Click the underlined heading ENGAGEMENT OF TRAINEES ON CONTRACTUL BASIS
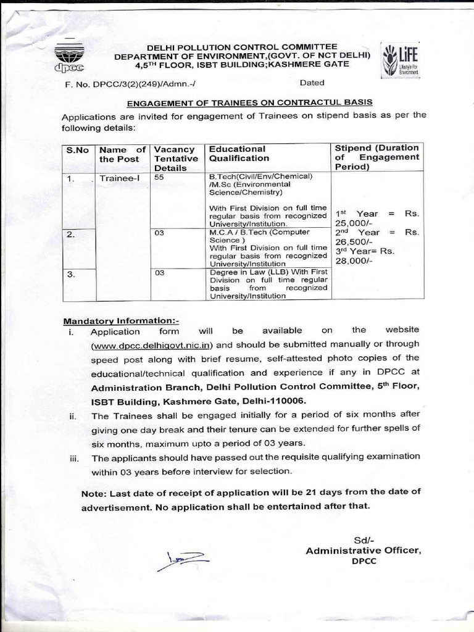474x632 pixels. [x=249, y=102]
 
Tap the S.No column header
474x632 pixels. [x=78, y=149]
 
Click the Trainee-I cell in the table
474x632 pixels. [x=115, y=179]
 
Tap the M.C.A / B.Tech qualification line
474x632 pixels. [x=259, y=232]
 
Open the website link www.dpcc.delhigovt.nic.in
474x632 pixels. [x=152, y=344]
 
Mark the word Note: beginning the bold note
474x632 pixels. [x=94, y=492]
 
